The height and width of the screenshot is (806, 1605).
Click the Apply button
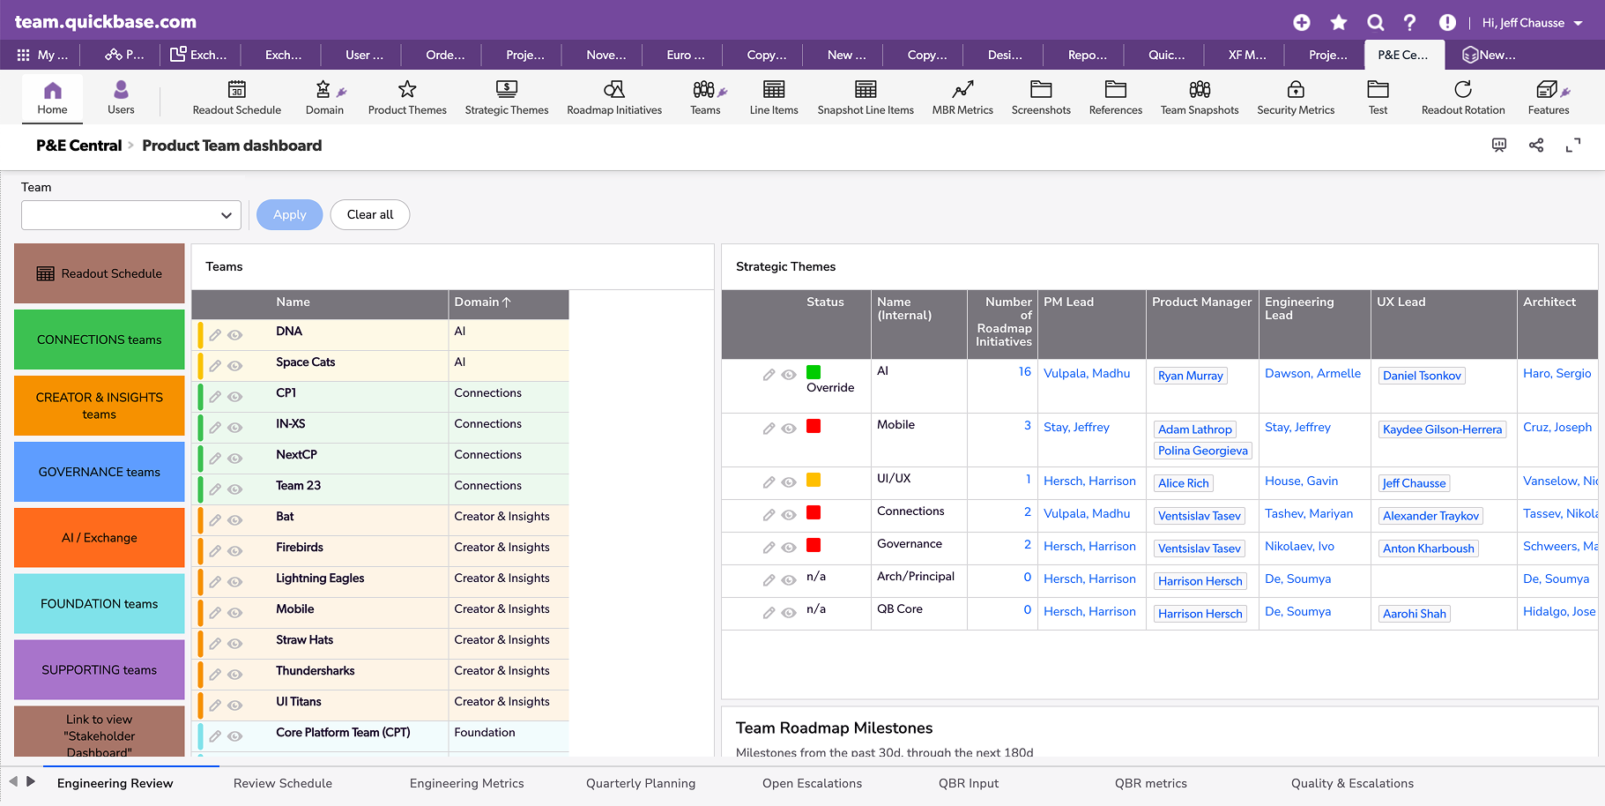click(289, 214)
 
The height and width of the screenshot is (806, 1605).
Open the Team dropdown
click(131, 215)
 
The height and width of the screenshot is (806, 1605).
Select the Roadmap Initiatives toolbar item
click(614, 98)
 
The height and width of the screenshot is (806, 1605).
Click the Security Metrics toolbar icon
click(1296, 89)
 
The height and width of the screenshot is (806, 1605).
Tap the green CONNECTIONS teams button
click(100, 340)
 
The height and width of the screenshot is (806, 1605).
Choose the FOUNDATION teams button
click(100, 604)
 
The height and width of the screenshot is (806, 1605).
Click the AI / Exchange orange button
click(100, 538)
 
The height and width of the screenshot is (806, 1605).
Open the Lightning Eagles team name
click(320, 578)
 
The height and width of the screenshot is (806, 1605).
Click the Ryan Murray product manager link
click(1191, 376)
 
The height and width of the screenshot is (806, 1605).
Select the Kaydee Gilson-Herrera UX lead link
click(1442, 429)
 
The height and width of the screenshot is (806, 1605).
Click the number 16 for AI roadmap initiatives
click(1025, 372)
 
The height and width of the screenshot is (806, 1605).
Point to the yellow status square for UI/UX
click(814, 480)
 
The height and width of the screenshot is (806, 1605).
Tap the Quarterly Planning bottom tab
click(641, 783)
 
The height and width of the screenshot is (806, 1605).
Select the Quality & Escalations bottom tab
click(1352, 783)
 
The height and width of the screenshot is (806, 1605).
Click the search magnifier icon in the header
click(1375, 23)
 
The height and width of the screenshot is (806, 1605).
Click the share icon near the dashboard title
click(1536, 146)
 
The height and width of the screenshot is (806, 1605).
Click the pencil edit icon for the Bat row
click(215, 520)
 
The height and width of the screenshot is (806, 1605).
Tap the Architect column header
click(1549, 302)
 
